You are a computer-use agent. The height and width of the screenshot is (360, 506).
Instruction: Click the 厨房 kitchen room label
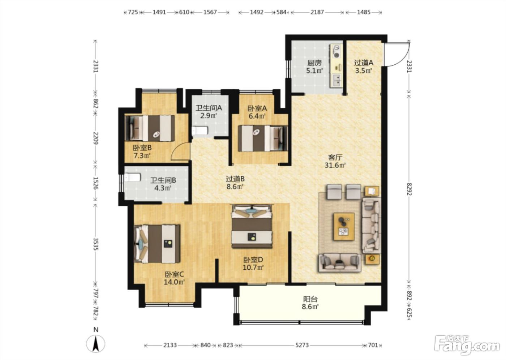[314, 63]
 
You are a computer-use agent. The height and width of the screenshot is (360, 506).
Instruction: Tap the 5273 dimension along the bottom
[302, 345]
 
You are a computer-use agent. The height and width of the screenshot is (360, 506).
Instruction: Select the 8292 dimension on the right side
[409, 189]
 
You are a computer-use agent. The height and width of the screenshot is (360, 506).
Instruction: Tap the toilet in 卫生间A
[199, 131]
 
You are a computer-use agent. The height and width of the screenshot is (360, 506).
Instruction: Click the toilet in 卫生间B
[133, 177]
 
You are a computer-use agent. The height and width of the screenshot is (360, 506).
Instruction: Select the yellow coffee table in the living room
[344, 227]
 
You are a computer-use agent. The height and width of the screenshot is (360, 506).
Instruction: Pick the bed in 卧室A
[263, 138]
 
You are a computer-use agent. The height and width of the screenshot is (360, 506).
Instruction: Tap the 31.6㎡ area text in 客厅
[335, 165]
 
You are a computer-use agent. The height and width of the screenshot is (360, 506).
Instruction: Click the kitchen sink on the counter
[337, 80]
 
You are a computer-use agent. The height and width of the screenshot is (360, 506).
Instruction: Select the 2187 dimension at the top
[317, 12]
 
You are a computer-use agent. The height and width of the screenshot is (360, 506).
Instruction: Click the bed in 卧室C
[157, 244]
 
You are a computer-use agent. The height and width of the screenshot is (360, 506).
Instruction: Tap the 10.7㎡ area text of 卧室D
[253, 267]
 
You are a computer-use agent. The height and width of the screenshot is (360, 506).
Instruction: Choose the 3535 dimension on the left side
[95, 244]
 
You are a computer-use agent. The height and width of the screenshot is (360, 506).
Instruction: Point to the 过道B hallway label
[235, 179]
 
